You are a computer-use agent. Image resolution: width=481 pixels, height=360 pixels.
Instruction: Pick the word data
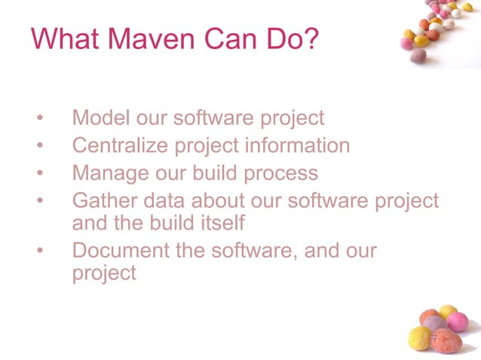[x=169, y=201]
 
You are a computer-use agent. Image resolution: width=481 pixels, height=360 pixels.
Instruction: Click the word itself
[x=219, y=223]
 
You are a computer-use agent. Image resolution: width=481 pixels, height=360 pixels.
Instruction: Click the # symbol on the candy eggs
[x=434, y=338]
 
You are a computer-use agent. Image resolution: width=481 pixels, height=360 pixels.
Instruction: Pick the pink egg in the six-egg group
[x=457, y=322]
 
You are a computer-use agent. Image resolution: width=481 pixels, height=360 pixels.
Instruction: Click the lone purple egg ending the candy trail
[x=419, y=56]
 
